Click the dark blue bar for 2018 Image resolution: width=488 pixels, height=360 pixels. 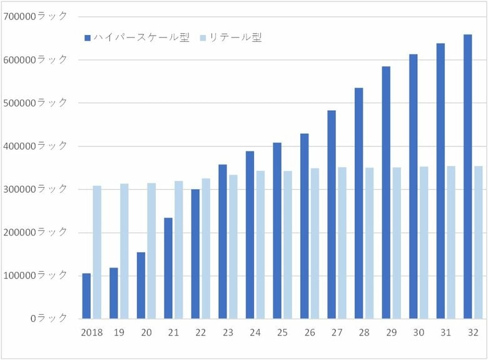[x=86, y=296]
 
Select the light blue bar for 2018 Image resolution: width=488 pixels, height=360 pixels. [x=97, y=252]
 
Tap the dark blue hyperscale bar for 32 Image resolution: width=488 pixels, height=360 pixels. [x=467, y=177]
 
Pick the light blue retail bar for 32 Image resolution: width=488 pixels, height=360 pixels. [x=478, y=242]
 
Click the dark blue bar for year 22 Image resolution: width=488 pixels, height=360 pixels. [x=195, y=254]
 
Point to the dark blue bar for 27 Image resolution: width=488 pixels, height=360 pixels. [x=332, y=215]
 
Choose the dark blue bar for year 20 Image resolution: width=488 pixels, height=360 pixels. [x=141, y=285]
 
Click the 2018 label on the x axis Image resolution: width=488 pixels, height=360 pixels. [x=92, y=332]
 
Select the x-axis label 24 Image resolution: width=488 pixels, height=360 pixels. [x=255, y=332]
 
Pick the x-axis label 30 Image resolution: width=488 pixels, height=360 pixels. [x=419, y=332]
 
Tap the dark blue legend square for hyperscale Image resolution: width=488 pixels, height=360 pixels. [x=88, y=38]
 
